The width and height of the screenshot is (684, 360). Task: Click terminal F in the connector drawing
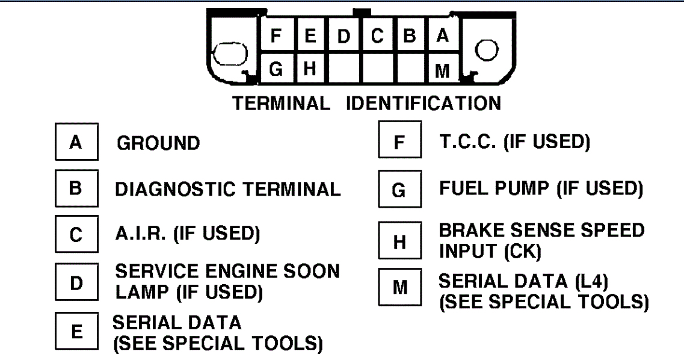276,36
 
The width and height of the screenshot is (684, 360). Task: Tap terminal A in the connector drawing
443,36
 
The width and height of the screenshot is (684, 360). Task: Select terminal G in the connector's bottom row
276,69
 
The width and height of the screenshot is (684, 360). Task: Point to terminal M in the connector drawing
443,70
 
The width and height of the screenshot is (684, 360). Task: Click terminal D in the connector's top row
344,36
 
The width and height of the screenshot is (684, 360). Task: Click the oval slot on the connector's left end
230,54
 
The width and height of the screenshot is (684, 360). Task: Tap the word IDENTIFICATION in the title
423,104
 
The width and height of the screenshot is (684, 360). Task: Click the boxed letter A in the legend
76,143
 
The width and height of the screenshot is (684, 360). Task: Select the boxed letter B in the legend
76,188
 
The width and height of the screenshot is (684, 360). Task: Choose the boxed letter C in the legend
76,234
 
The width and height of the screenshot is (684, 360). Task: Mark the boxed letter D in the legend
76,282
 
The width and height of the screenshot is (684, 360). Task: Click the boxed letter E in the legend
76,331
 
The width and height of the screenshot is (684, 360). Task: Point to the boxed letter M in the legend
399,288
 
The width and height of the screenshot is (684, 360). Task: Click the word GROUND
158,144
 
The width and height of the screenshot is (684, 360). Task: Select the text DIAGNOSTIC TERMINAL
228,189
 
